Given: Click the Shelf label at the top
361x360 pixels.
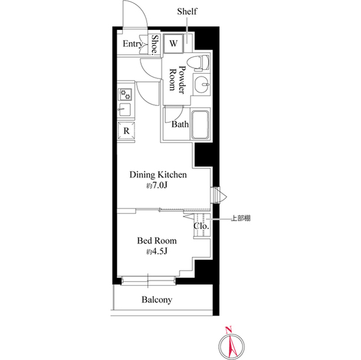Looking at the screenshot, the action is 187,11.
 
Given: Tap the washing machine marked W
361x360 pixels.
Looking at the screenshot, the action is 174,43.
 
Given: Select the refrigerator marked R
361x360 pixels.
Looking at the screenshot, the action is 126,131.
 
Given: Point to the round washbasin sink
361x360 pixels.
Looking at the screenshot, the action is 201,84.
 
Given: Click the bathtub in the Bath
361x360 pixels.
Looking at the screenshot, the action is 201,125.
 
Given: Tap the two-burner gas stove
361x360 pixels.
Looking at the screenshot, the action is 125,94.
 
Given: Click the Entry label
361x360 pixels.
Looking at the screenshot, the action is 132,43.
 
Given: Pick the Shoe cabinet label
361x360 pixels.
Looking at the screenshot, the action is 156,45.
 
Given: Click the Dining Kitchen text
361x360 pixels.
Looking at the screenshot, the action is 158,175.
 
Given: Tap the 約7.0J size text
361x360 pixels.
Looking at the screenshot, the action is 157,185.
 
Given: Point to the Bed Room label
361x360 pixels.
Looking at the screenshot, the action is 157,241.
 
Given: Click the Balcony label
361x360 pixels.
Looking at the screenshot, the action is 157,300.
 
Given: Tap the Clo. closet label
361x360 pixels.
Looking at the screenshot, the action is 201,226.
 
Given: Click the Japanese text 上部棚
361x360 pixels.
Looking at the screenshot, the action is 241,218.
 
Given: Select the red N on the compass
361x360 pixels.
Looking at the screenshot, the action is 228,330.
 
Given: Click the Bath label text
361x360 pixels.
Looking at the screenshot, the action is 180,125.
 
